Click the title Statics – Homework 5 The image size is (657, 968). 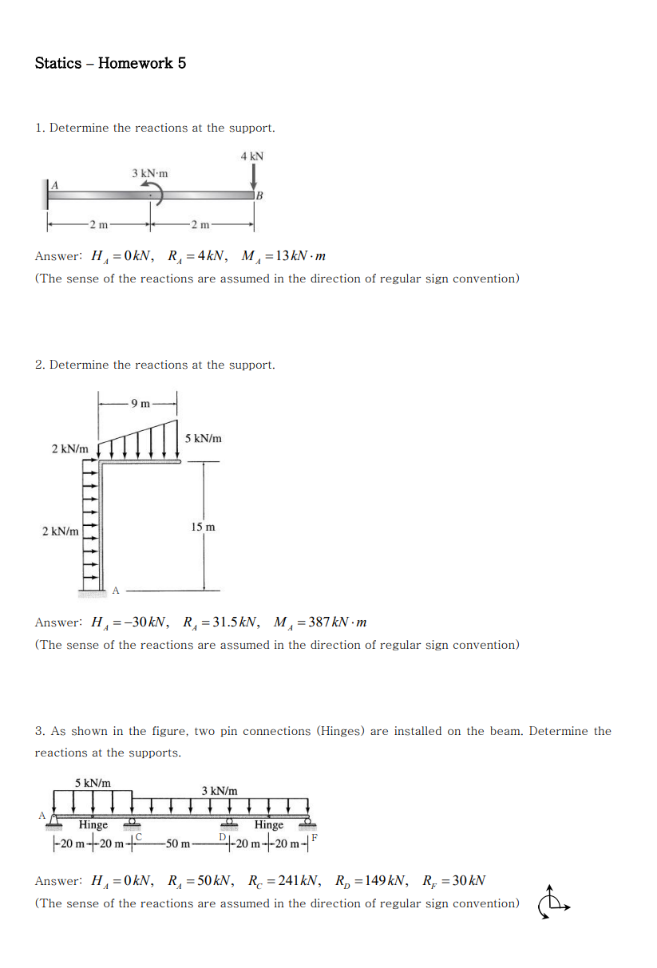pos(110,63)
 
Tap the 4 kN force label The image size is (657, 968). pos(251,156)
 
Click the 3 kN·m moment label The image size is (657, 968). pos(150,173)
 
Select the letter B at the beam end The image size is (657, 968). pos(259,196)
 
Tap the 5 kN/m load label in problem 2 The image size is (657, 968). pos(204,438)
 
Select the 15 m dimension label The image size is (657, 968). pos(203,527)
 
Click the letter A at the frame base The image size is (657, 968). pos(115,591)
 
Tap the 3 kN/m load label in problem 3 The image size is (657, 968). pos(219,790)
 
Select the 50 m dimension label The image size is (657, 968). pos(178,844)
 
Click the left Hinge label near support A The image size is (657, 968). pos(93,825)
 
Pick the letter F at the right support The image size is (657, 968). pos(315,837)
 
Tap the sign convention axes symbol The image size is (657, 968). pos(550,903)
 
